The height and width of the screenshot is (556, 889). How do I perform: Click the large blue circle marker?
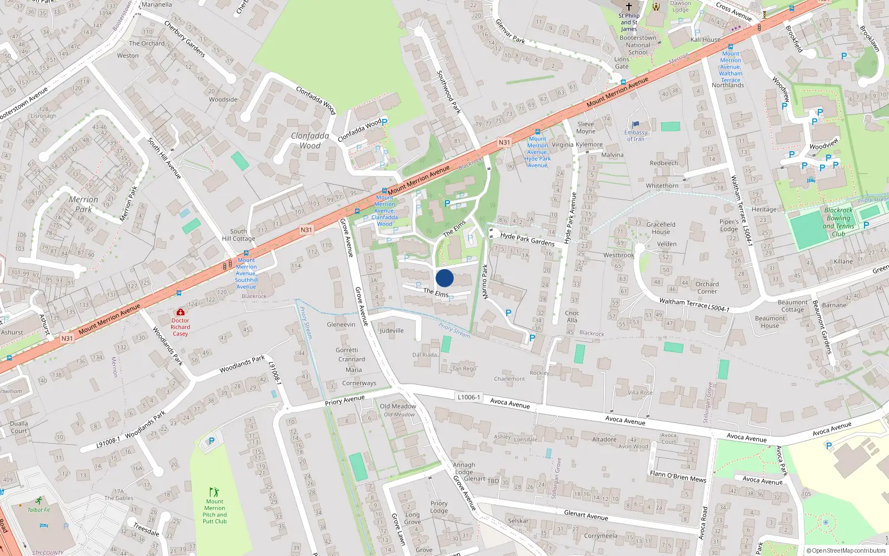[444, 278]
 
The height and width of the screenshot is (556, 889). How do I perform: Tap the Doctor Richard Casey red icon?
[180, 312]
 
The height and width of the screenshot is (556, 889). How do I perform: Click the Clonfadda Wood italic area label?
[310, 141]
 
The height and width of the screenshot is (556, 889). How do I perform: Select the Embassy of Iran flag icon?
[636, 125]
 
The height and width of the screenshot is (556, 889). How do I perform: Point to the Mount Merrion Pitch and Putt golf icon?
[214, 492]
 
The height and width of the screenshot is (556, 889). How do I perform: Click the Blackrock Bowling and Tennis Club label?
[838, 222]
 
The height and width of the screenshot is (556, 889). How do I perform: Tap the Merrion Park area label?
[83, 204]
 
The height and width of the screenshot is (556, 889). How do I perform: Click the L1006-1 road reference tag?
[468, 397]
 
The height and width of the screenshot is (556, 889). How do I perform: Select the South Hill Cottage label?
[238, 235]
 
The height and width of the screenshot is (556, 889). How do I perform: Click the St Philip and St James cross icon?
[629, 7]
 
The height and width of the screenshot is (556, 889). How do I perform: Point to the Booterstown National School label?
[638, 45]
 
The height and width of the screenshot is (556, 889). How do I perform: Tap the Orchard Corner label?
[707, 287]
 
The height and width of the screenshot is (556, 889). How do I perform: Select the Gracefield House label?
[661, 228]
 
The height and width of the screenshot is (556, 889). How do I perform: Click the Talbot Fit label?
[39, 510]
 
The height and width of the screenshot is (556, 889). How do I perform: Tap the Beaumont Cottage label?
[792, 306]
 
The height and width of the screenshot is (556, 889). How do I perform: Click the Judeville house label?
[392, 330]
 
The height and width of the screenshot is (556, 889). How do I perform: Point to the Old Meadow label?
[398, 406]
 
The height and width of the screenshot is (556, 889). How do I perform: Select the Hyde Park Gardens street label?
[527, 239]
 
